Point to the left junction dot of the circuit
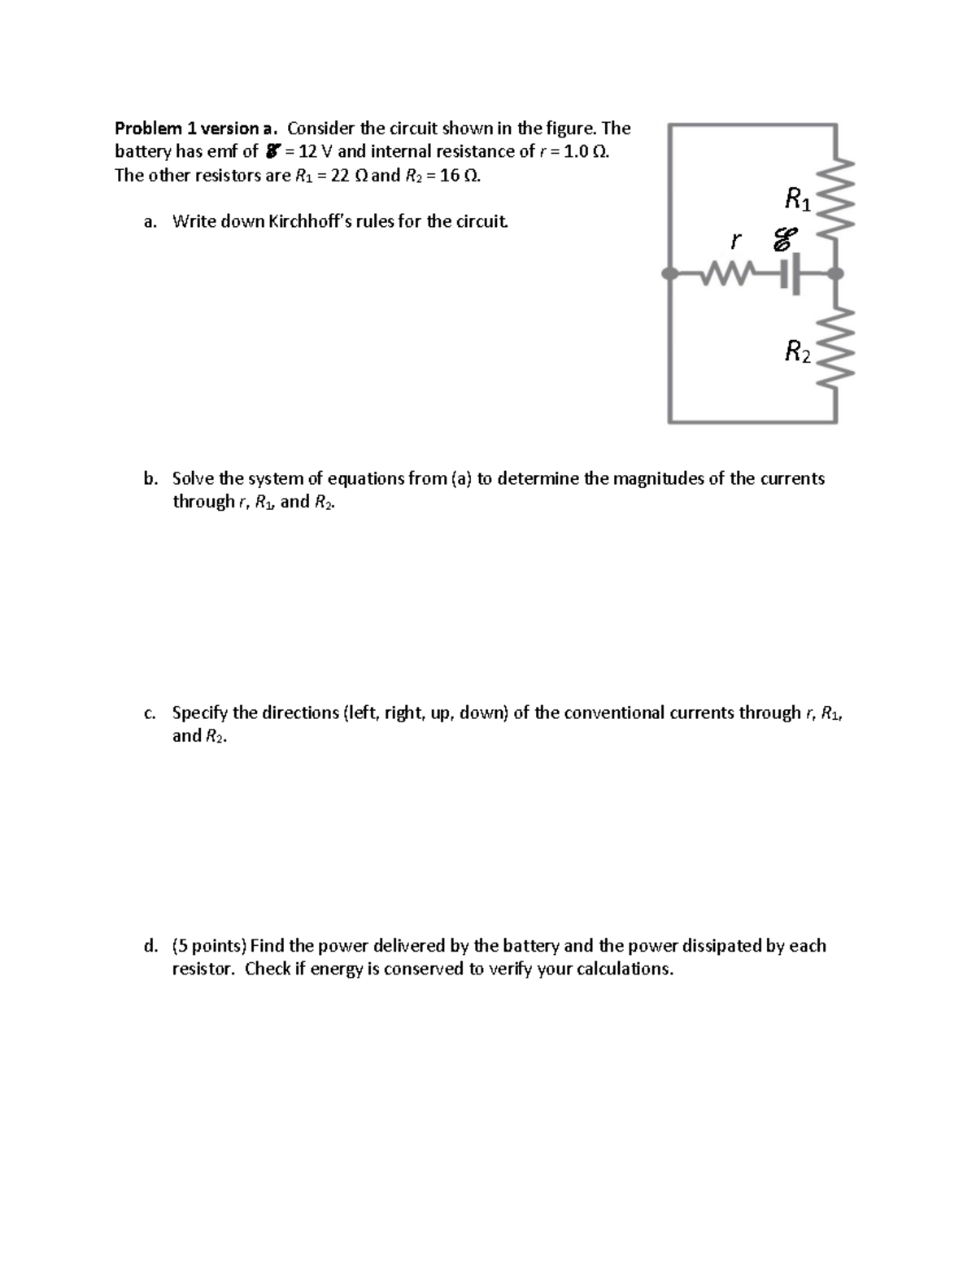(x=669, y=275)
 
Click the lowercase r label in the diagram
(x=736, y=242)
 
